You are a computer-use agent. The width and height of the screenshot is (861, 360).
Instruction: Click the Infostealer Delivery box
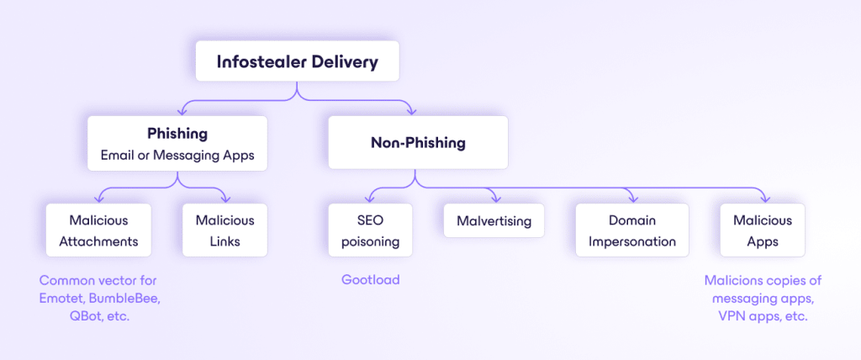(x=297, y=61)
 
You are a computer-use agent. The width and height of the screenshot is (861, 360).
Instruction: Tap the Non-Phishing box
(x=418, y=143)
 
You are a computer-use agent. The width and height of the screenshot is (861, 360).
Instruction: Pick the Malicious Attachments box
(x=98, y=230)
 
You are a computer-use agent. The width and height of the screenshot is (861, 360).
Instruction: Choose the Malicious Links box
(x=224, y=230)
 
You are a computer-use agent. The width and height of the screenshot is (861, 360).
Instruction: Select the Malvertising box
(x=494, y=221)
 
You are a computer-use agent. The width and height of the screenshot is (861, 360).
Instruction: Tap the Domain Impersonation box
(x=631, y=230)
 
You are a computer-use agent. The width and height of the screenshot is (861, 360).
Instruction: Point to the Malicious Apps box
(x=763, y=230)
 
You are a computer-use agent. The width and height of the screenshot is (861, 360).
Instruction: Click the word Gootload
(x=370, y=279)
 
